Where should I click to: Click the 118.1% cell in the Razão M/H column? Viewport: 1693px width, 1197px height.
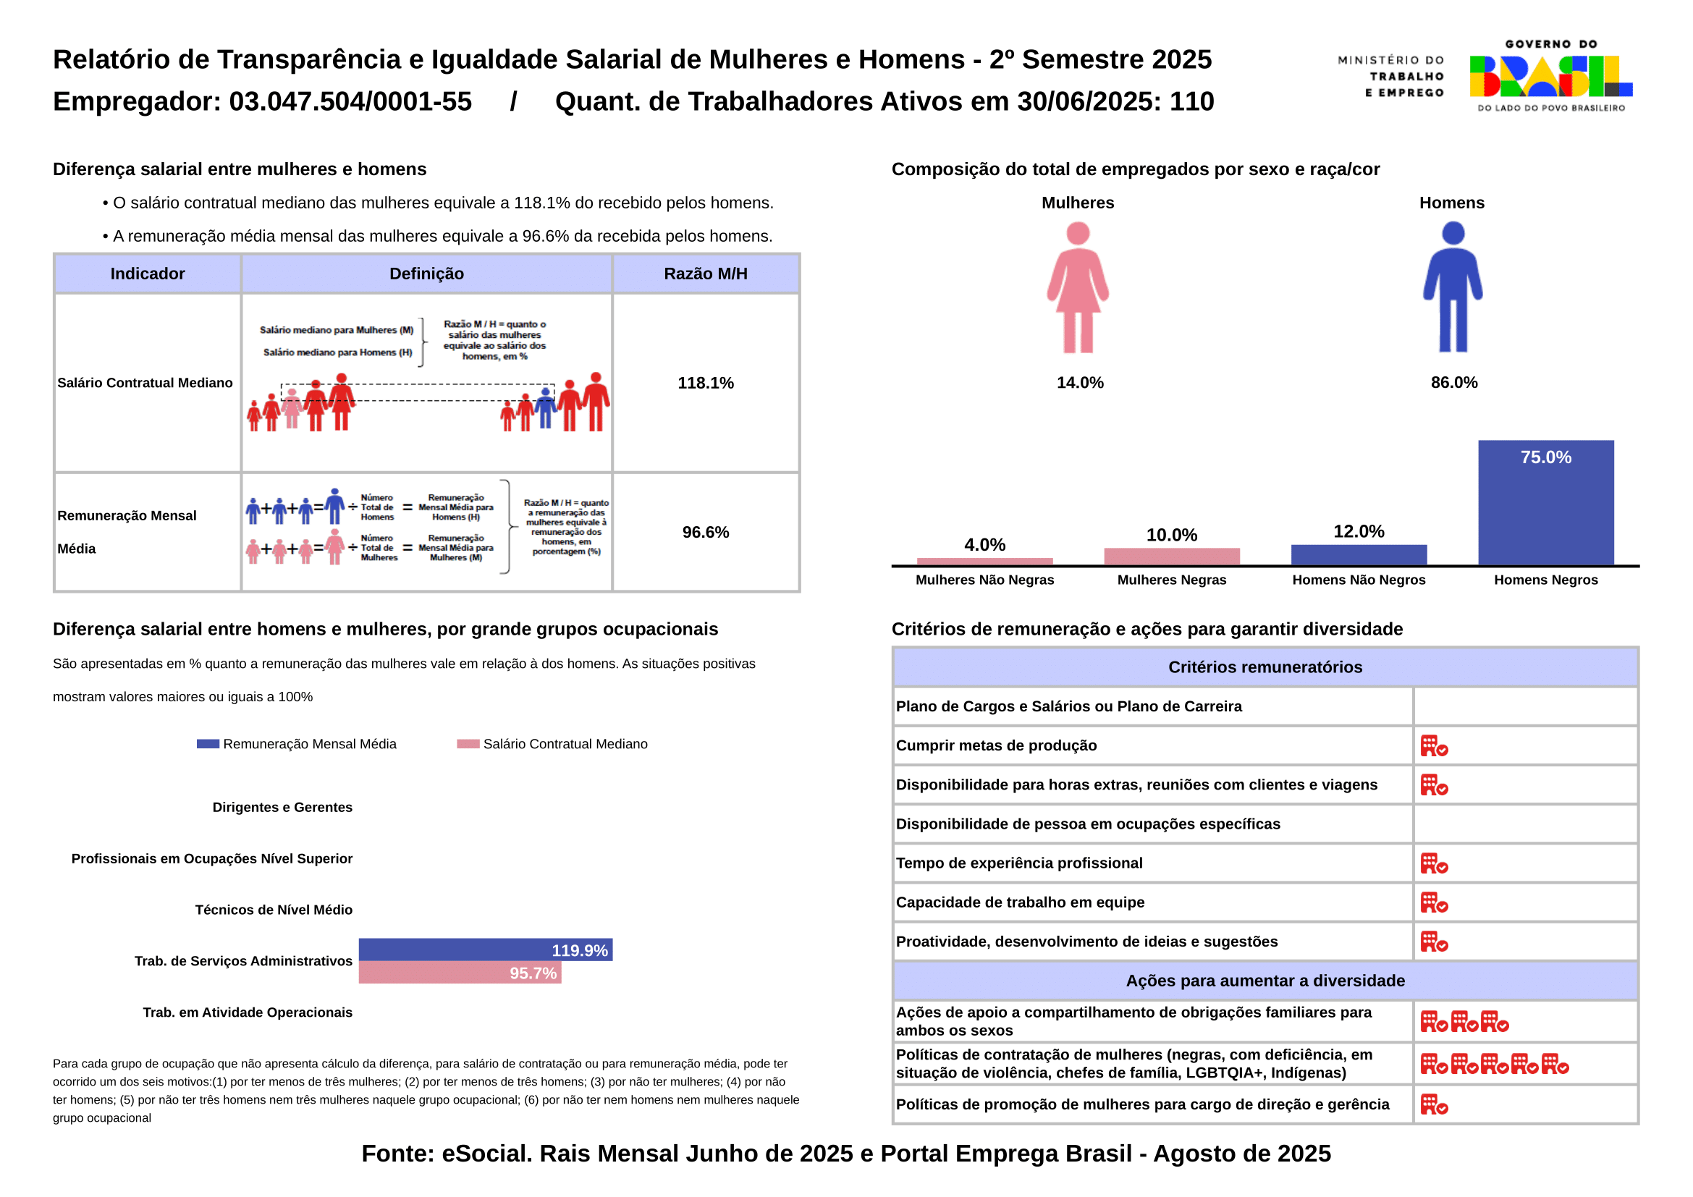click(x=706, y=384)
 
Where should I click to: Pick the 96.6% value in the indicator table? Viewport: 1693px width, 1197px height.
click(x=706, y=532)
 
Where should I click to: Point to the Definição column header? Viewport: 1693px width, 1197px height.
click(x=426, y=274)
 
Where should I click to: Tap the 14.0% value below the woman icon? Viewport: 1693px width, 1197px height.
click(x=1079, y=383)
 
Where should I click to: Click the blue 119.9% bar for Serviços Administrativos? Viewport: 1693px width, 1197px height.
click(x=485, y=949)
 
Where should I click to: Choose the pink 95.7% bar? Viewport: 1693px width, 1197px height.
click(x=460, y=973)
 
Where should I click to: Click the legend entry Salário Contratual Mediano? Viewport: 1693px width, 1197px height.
click(x=565, y=745)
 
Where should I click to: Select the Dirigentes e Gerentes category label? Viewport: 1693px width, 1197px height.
click(x=282, y=807)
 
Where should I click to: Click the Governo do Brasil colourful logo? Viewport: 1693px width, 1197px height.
click(x=1550, y=77)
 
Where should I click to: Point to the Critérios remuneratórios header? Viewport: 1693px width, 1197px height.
click(x=1265, y=667)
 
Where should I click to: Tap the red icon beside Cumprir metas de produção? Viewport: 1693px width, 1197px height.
click(x=1433, y=746)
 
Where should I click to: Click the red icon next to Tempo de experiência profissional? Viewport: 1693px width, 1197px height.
click(x=1433, y=863)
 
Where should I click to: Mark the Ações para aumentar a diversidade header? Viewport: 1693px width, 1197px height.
click(x=1265, y=981)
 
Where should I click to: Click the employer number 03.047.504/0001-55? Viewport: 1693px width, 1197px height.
click(x=350, y=102)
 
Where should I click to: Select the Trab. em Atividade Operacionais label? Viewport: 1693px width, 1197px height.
click(x=247, y=1012)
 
